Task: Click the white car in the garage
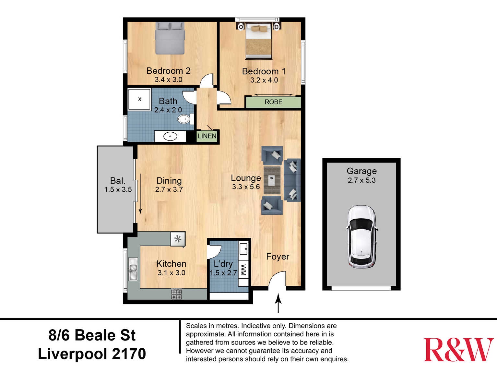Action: coord(361,237)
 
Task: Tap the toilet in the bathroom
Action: coord(185,119)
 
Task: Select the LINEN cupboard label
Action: coord(207,136)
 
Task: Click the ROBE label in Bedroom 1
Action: coord(273,102)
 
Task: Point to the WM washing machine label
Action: coord(243,270)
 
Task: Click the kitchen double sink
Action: coord(133,269)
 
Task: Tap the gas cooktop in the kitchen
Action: coord(176,294)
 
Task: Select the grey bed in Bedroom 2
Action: coord(170,38)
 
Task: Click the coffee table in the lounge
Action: coord(272,180)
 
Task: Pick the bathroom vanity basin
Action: coord(170,136)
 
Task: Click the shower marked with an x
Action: coord(139,100)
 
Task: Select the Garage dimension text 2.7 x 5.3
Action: coord(361,180)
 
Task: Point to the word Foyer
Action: coord(278,257)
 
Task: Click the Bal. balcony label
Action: coord(118,181)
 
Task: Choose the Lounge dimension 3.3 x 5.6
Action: coord(246,187)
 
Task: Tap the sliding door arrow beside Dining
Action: coord(140,194)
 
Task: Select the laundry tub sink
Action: coord(243,249)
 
